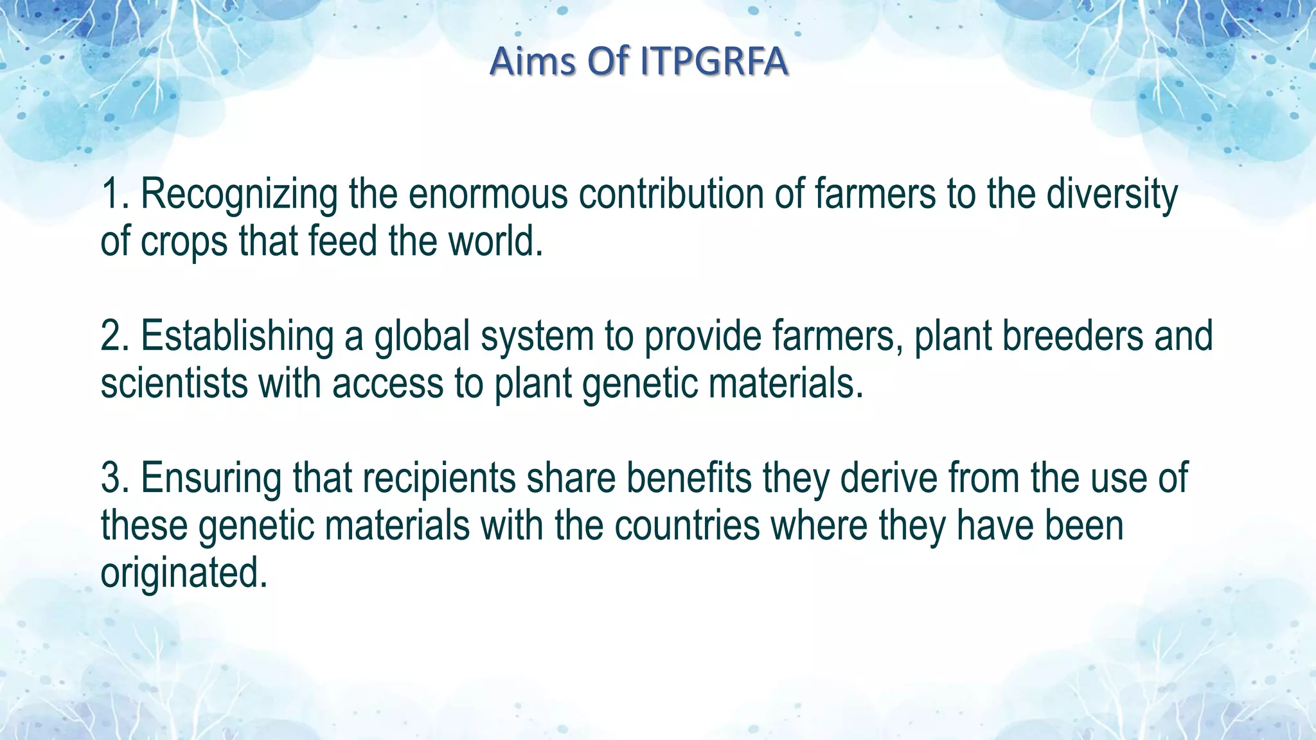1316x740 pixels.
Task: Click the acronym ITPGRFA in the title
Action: click(714, 62)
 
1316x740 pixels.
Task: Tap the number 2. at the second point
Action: click(116, 336)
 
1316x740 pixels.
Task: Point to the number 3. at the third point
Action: click(116, 479)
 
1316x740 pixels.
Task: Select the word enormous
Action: click(488, 195)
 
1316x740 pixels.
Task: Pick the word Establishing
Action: click(237, 337)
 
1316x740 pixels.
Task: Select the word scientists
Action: click(173, 383)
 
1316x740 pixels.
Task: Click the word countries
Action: click(687, 526)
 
